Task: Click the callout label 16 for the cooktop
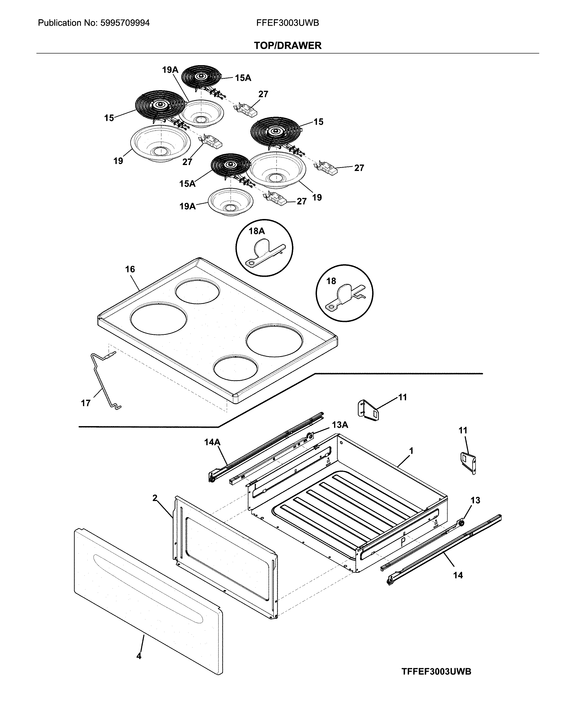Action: pyautogui.click(x=130, y=269)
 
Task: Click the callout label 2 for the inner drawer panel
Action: pyautogui.click(x=155, y=498)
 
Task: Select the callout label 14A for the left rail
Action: pyautogui.click(x=212, y=442)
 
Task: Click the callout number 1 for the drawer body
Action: pyautogui.click(x=411, y=451)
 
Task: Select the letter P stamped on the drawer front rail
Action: pyautogui.click(x=403, y=542)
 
